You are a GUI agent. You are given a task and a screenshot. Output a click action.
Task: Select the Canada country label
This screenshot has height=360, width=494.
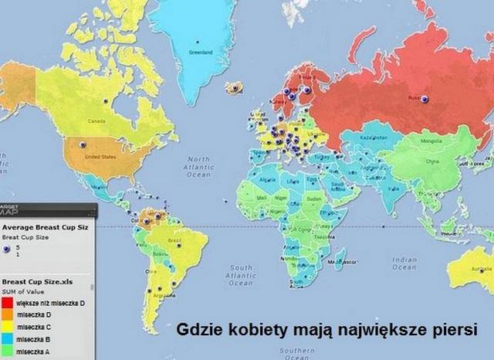point(96,121)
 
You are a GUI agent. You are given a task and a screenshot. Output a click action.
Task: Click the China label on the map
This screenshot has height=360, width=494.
point(432,161)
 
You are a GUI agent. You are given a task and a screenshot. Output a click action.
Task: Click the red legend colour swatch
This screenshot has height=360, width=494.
point(7,304)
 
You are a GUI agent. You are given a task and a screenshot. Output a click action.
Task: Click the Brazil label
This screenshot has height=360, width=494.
point(174,242)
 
